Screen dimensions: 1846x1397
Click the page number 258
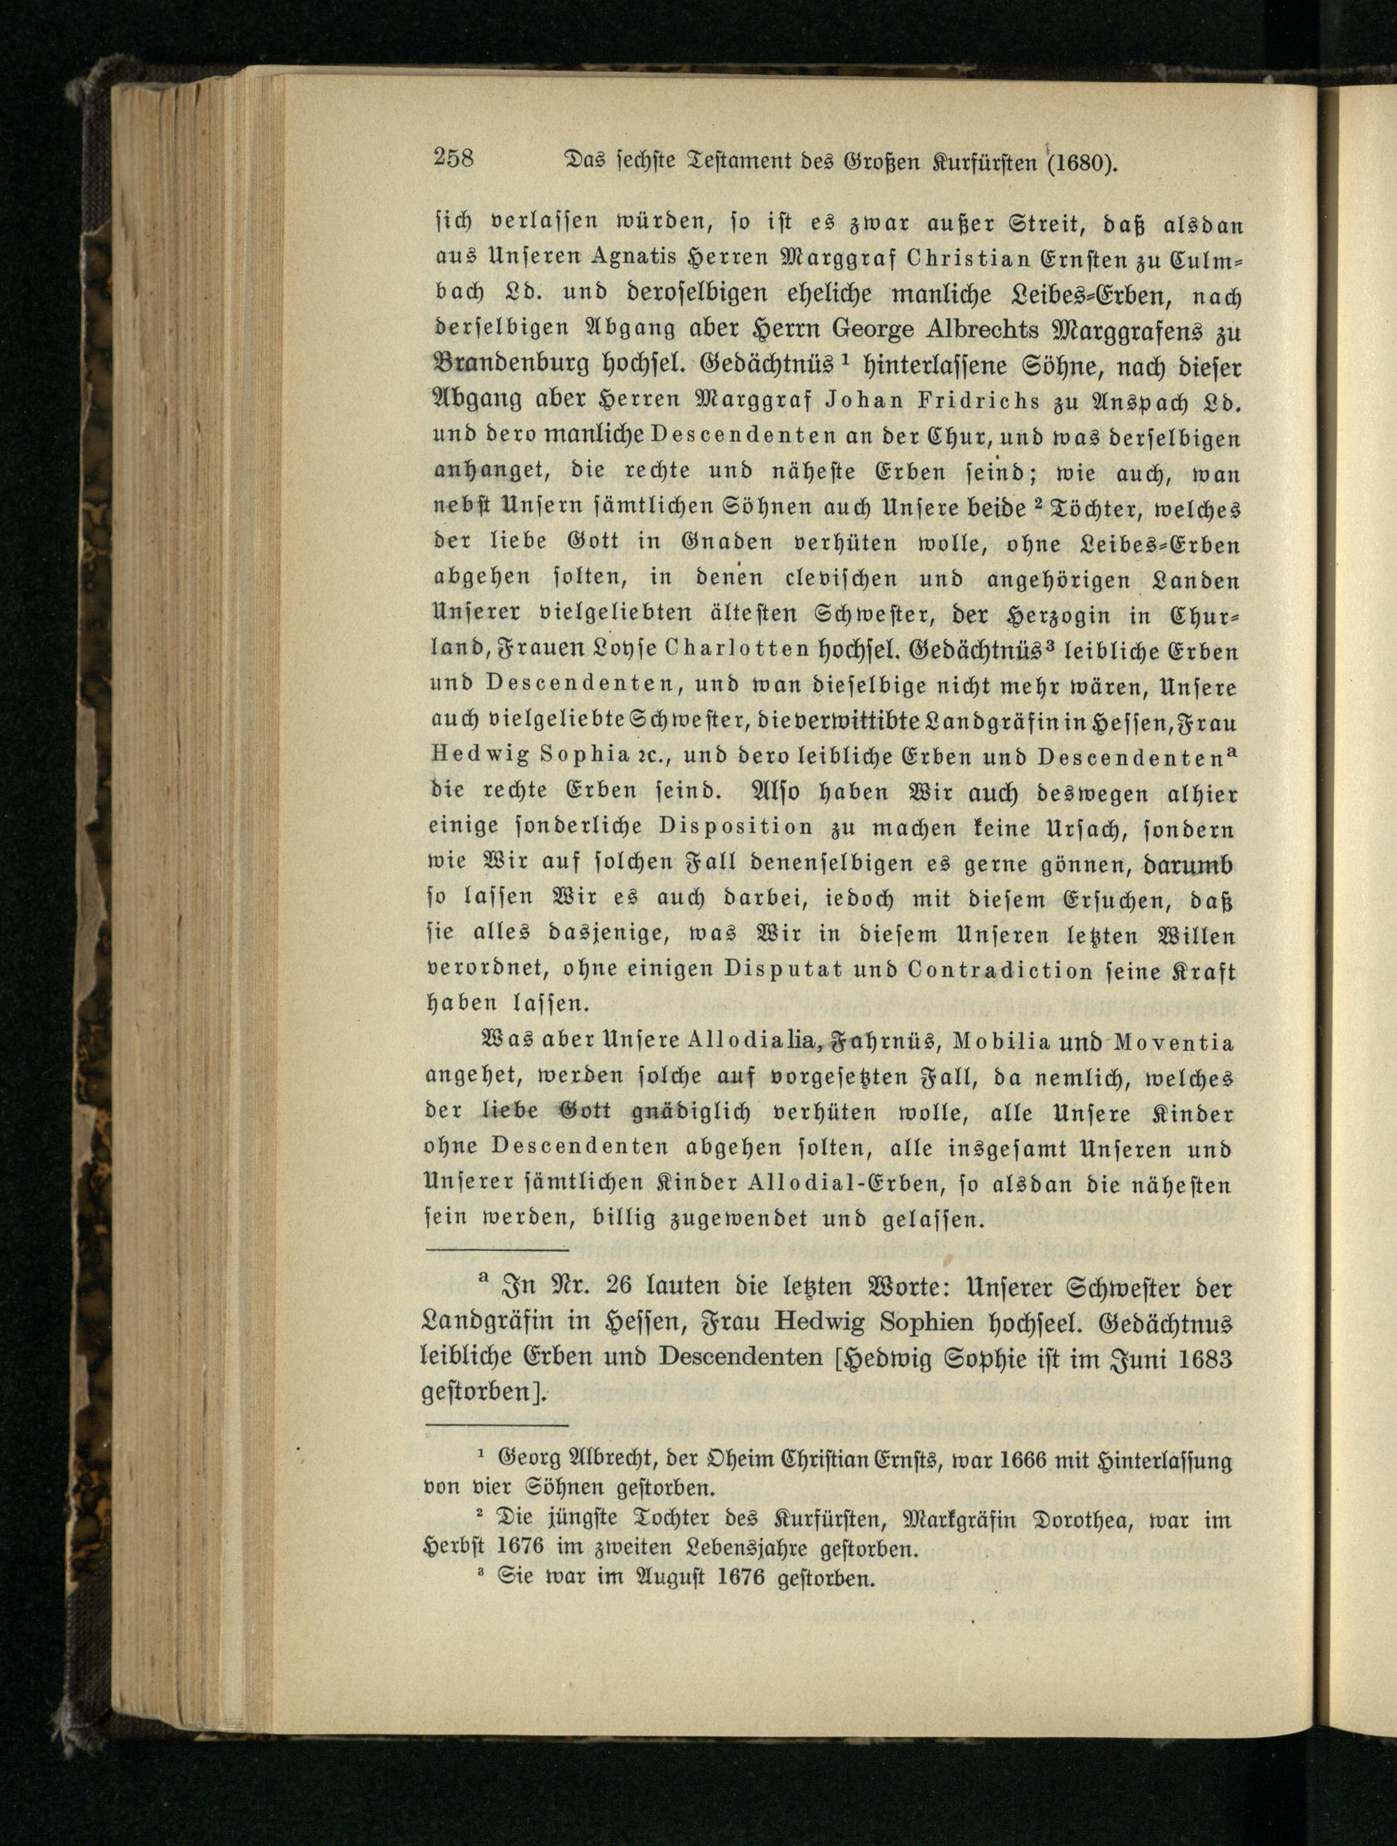(453, 158)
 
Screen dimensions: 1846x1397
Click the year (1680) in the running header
(1076, 161)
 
